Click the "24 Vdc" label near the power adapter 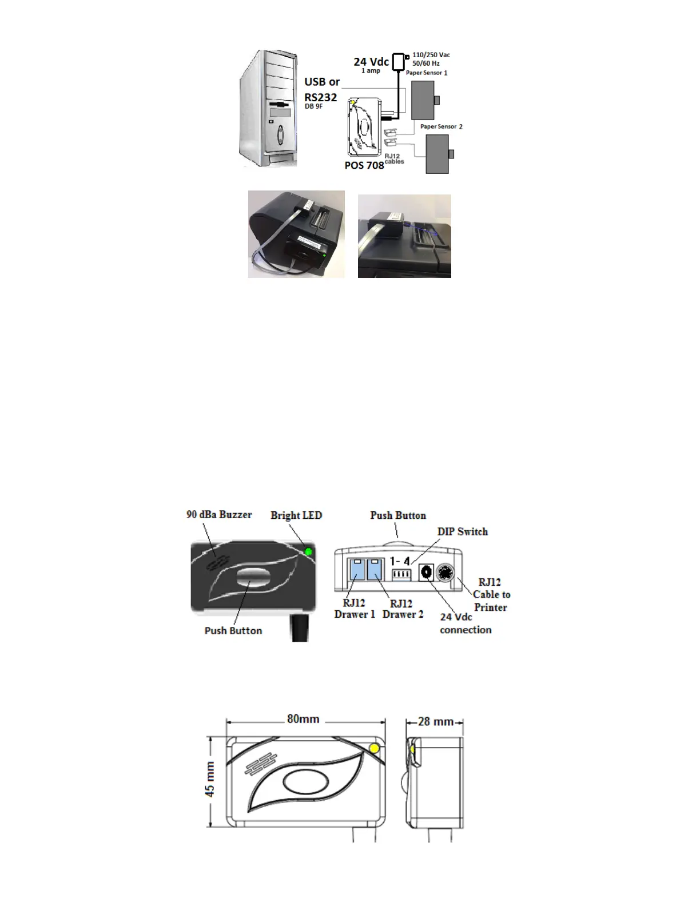click(x=371, y=62)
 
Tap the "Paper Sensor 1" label click(x=426, y=73)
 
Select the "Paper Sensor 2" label click(x=441, y=126)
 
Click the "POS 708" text click(x=364, y=165)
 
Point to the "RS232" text click(x=320, y=97)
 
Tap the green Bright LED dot click(x=309, y=552)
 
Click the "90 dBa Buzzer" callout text click(x=219, y=514)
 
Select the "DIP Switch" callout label click(x=462, y=531)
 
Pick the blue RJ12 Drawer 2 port click(x=376, y=569)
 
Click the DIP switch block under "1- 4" click(x=401, y=572)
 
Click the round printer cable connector click(x=444, y=572)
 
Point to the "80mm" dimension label click(x=303, y=719)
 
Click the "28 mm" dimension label click(x=436, y=721)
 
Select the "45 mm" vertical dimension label click(x=210, y=779)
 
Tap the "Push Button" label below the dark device click(x=233, y=630)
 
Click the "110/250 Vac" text click(x=431, y=55)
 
